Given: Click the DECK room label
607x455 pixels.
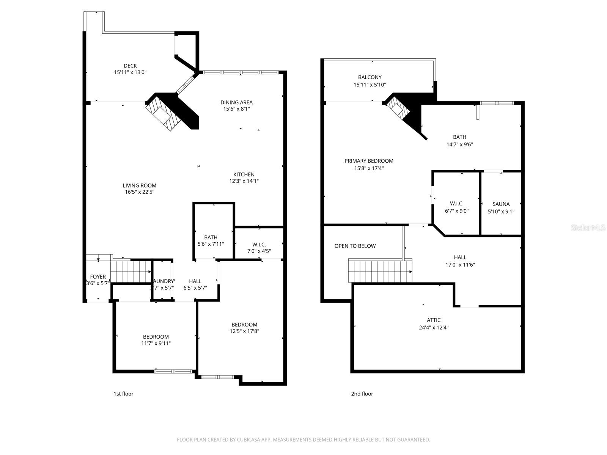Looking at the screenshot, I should (x=130, y=66).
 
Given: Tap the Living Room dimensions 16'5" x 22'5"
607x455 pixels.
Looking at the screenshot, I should (x=140, y=192).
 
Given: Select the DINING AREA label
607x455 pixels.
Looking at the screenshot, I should (x=236, y=102).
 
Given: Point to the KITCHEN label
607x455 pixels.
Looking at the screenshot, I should (x=244, y=175).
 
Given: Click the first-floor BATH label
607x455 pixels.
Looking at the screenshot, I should (x=211, y=238).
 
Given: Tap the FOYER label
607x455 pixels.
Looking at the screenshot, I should (x=98, y=277).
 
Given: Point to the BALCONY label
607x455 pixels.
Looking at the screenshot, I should (x=370, y=77).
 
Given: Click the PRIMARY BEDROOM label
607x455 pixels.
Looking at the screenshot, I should (x=369, y=161).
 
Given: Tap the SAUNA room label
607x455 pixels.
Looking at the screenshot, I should (x=501, y=204).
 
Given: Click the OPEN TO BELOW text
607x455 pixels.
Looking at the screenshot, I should (x=355, y=246).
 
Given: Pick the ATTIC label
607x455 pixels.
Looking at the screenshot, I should (x=434, y=320).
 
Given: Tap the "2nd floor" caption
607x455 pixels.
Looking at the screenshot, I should (x=362, y=394).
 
